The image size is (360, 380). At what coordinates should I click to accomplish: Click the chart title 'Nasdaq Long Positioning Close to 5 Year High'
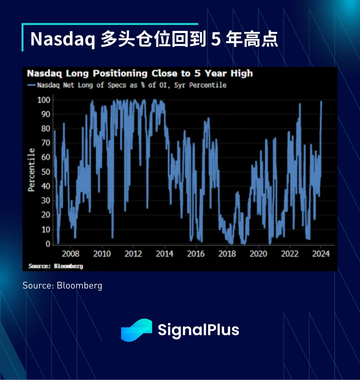point(139,73)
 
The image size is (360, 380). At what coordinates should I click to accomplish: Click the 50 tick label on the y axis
point(46,172)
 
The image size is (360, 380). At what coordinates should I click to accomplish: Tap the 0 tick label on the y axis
point(48,244)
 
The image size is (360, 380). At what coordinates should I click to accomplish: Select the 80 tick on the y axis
point(46,129)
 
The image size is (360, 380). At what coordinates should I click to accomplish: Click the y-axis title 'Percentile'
point(32,170)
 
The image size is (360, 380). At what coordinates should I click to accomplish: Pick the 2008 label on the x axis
point(70,254)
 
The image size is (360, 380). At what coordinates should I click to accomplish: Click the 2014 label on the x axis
point(164,254)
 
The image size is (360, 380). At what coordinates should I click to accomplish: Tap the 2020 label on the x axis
point(258,254)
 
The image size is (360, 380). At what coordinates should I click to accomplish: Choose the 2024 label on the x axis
point(321,254)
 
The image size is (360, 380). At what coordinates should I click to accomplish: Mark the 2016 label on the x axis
point(196,254)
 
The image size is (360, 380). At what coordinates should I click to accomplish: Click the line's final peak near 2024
point(321,102)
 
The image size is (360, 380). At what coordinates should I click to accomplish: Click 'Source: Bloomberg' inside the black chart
point(55,266)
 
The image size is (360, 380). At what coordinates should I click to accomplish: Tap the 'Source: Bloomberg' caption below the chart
point(62,285)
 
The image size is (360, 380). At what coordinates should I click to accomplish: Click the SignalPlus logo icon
point(136,330)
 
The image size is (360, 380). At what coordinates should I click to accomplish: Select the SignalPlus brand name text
point(198,330)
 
